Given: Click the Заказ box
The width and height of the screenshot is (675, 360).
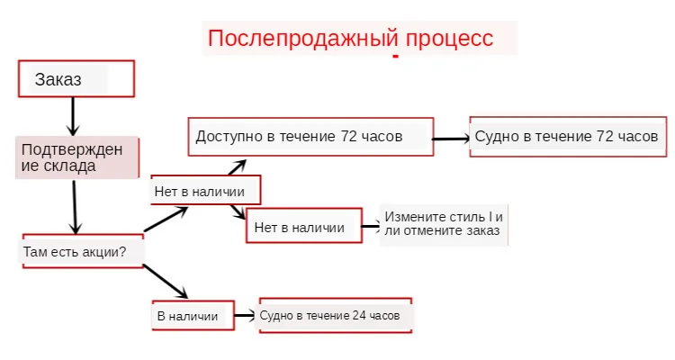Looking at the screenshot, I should pos(76,78).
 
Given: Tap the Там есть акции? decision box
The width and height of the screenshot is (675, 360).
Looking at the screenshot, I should pos(82,251).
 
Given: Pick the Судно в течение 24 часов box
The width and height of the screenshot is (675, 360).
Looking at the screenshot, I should pos(335,316).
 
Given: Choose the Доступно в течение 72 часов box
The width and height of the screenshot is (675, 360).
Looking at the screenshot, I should pos(310,138).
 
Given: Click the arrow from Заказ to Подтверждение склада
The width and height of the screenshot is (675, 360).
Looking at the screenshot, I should pos(74,115).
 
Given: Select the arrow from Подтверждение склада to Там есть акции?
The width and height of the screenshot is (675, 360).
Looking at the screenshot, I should pos(76,205).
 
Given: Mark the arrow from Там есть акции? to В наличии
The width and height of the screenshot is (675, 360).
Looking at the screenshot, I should pos(166,282).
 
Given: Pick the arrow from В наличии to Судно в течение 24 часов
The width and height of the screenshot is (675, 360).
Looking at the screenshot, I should pos(245,316).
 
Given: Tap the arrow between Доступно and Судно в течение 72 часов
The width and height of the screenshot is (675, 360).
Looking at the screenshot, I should pos(451,139).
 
